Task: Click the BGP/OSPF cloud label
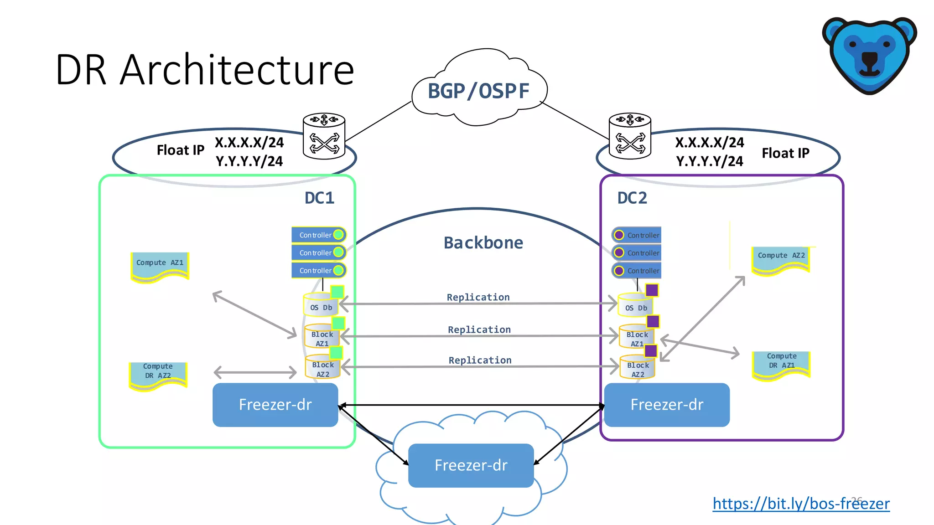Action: (478, 91)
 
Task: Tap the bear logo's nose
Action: (869, 58)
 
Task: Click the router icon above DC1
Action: (324, 136)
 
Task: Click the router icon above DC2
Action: (630, 136)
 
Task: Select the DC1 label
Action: (319, 198)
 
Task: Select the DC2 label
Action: (632, 198)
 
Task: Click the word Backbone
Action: (483, 242)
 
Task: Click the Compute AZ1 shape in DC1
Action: (160, 266)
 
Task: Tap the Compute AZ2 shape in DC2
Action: (781, 259)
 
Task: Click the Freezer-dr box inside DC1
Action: (275, 405)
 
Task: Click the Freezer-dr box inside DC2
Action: (666, 405)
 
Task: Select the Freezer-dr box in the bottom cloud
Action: (471, 465)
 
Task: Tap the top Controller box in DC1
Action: (318, 235)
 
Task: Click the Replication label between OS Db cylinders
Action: (478, 297)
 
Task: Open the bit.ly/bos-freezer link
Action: (800, 504)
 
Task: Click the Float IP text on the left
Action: (180, 150)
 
